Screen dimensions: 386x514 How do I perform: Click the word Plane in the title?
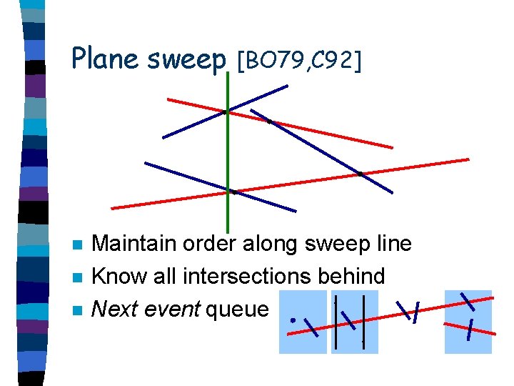pyautogui.click(x=106, y=59)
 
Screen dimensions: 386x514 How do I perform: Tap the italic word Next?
pyautogui.click(x=115, y=309)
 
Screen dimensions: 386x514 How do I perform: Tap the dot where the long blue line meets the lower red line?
pyautogui.click(x=361, y=173)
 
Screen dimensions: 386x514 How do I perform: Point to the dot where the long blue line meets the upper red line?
pyautogui.click(x=269, y=121)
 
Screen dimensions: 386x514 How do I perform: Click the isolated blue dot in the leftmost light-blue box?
pyautogui.click(x=293, y=320)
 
